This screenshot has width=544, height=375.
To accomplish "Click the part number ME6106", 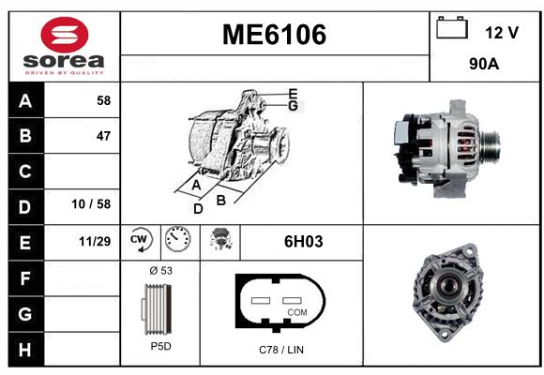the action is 274,35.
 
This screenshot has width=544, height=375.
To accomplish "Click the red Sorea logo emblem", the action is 65,35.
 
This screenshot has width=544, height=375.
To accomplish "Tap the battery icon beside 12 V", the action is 452,27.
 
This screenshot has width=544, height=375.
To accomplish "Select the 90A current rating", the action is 484,64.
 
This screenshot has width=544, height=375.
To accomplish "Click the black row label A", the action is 25,101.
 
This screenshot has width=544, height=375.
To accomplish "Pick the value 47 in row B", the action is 104,136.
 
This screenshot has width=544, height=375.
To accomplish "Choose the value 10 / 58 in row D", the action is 91,204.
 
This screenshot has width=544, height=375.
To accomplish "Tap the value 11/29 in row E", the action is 95,241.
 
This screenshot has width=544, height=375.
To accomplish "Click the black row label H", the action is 25,350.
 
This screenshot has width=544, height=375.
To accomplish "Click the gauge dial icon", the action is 177,239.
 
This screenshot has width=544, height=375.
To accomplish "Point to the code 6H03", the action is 303,242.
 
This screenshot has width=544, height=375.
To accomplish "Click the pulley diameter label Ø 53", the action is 161,271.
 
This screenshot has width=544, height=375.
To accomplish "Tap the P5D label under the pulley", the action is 161,346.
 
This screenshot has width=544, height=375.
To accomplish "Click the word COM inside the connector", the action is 297,312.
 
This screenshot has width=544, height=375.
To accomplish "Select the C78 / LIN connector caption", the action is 281,350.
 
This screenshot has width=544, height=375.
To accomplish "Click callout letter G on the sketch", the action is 294,106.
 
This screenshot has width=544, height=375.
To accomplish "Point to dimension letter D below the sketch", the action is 198,209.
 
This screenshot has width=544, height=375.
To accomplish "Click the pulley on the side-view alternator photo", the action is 490,145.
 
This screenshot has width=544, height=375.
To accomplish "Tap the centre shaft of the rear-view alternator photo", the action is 450,286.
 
